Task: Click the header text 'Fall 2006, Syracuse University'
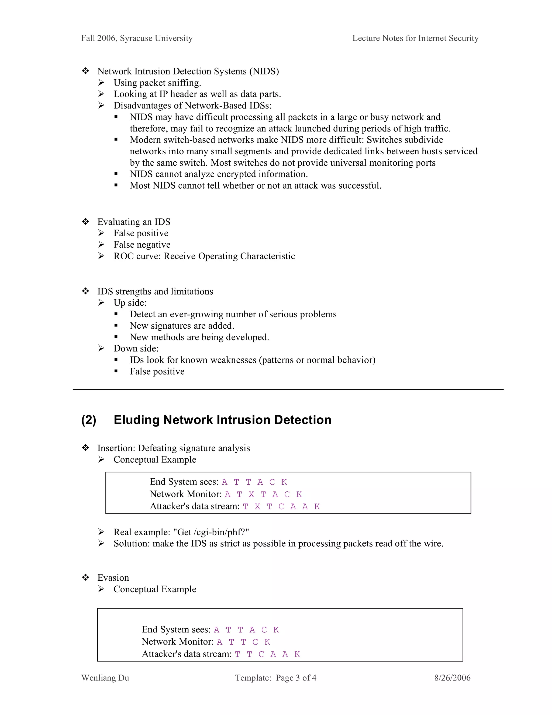137,38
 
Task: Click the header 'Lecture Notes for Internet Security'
415,38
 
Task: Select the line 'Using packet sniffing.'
157,83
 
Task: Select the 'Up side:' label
130,302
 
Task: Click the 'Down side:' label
136,348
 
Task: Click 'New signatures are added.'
182,326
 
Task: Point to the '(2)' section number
89,420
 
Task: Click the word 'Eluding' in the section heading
136,420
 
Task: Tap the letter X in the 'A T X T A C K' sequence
251,494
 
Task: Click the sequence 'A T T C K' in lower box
243,642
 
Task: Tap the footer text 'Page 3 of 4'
296,678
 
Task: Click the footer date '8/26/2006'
452,678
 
